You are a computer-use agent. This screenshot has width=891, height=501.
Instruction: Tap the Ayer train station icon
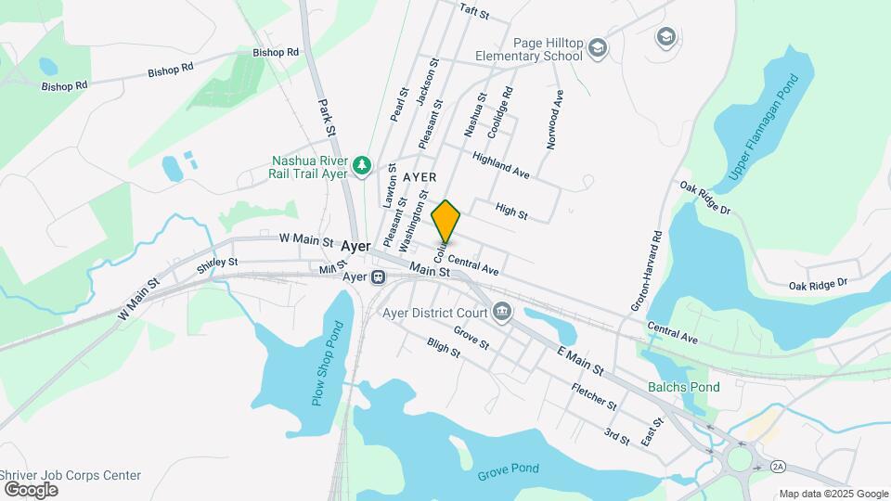pos(378,276)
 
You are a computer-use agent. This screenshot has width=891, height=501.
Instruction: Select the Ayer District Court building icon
pos(502,310)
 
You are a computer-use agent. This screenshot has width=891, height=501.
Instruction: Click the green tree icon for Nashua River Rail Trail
pos(362,166)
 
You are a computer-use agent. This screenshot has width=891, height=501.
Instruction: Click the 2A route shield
pos(778,466)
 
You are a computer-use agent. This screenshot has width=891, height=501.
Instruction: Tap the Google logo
pos(31,490)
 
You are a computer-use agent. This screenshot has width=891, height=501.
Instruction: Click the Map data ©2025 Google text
pos(833,494)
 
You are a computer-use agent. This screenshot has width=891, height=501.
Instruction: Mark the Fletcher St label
pos(594,396)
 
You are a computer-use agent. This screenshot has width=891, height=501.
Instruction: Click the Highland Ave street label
pos(500,166)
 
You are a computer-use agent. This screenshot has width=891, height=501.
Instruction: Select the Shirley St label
pos(218,265)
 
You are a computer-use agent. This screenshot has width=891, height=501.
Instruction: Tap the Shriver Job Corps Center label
pos(71,475)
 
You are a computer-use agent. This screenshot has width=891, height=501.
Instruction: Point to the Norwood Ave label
pos(555,120)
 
